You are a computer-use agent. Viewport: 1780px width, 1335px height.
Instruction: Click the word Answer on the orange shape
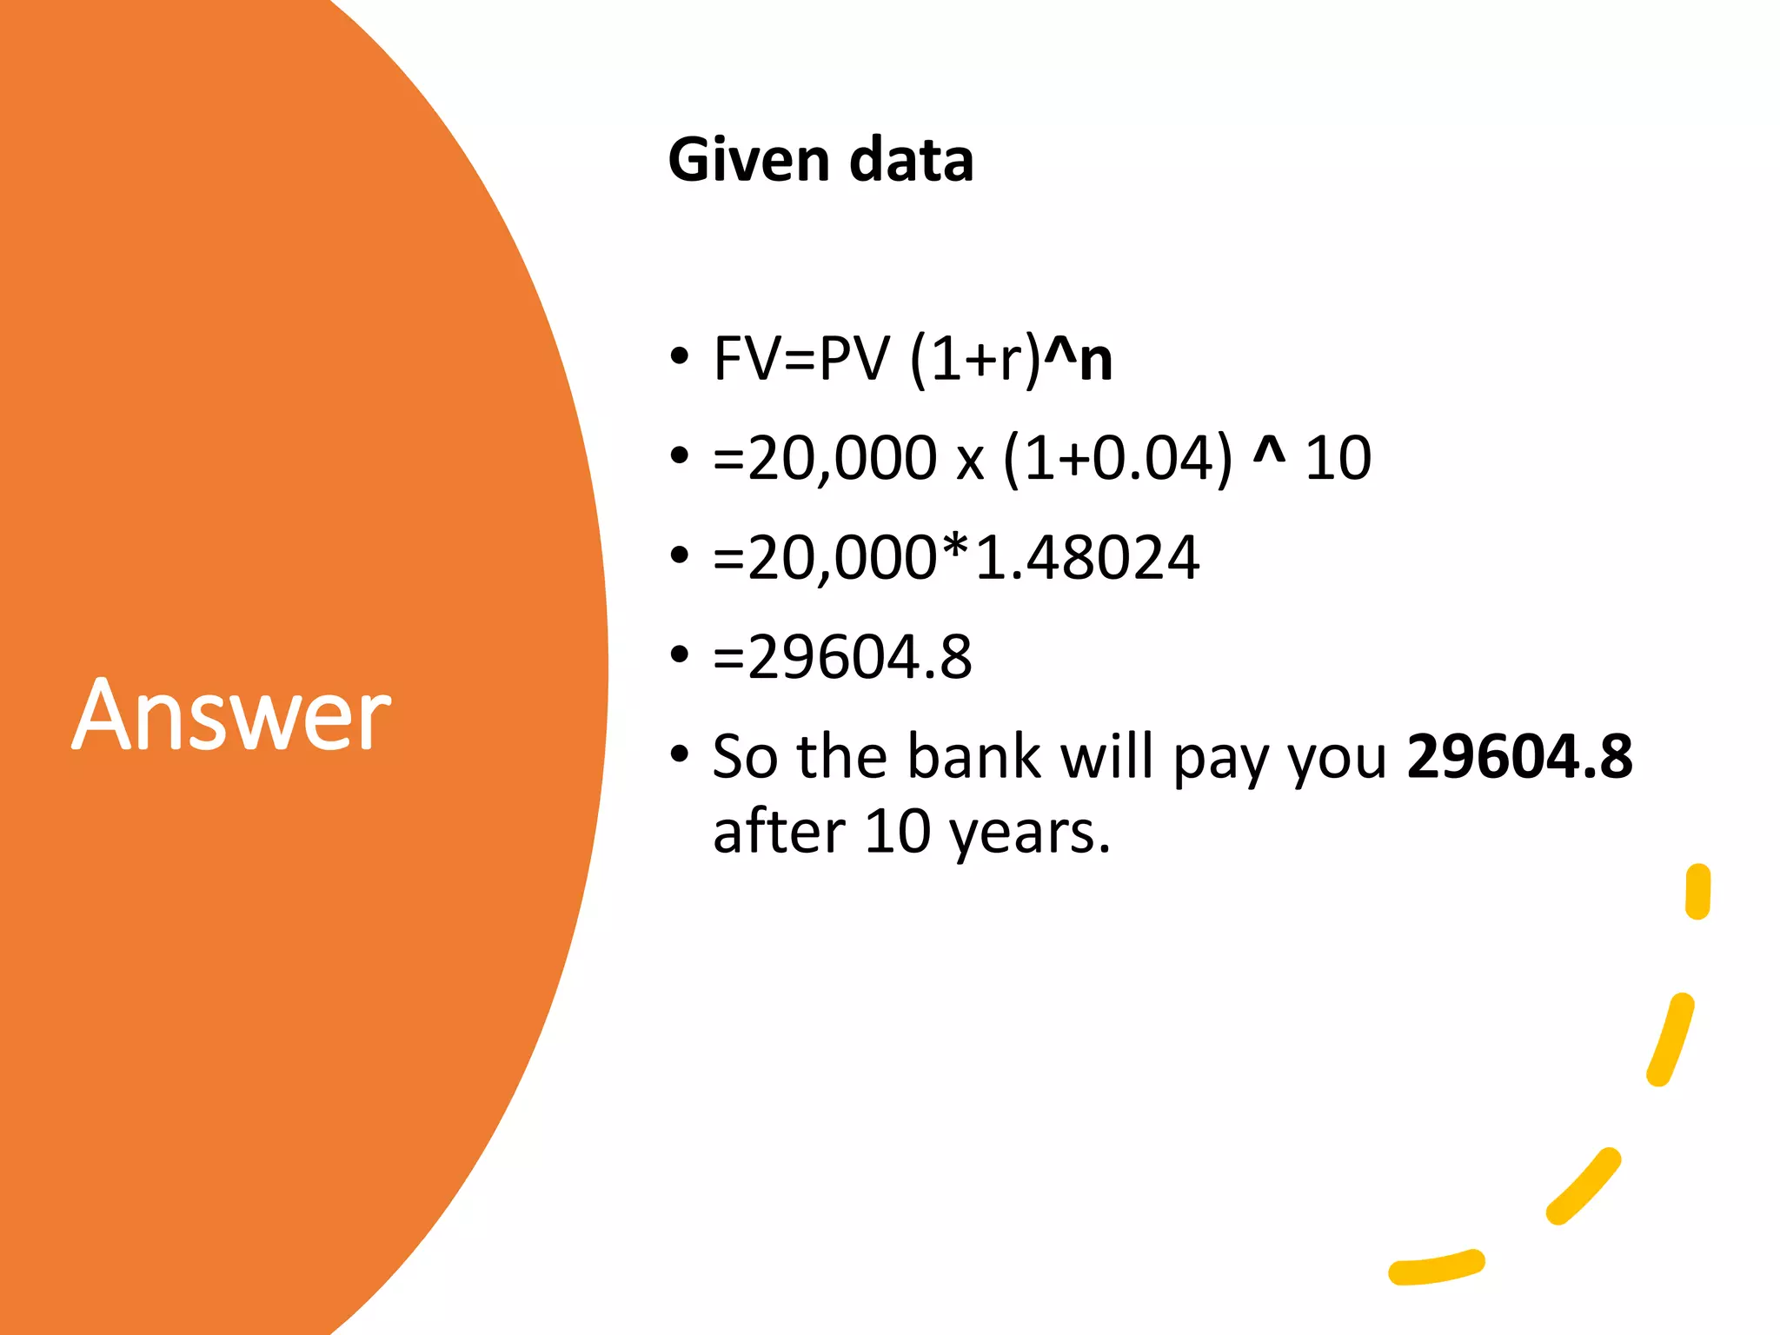pos(231,714)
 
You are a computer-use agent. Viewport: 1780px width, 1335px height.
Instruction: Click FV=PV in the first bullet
pos(801,359)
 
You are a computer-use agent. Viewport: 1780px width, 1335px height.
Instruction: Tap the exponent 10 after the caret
pos(1338,458)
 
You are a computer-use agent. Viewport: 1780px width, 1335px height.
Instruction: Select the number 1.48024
pos(1086,558)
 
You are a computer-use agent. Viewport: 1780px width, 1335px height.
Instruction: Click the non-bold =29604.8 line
pos(841,657)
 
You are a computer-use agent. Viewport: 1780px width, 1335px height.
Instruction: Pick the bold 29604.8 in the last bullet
pos(1519,756)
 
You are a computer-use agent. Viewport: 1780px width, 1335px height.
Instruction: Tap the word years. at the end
pos(1030,833)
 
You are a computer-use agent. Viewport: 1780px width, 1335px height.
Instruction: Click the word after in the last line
pos(779,833)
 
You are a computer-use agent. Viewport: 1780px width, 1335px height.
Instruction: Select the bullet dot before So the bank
pos(680,754)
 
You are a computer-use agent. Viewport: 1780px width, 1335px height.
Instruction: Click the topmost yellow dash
pos(1697,891)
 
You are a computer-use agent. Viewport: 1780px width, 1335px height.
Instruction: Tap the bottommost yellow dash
pos(1436,1267)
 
